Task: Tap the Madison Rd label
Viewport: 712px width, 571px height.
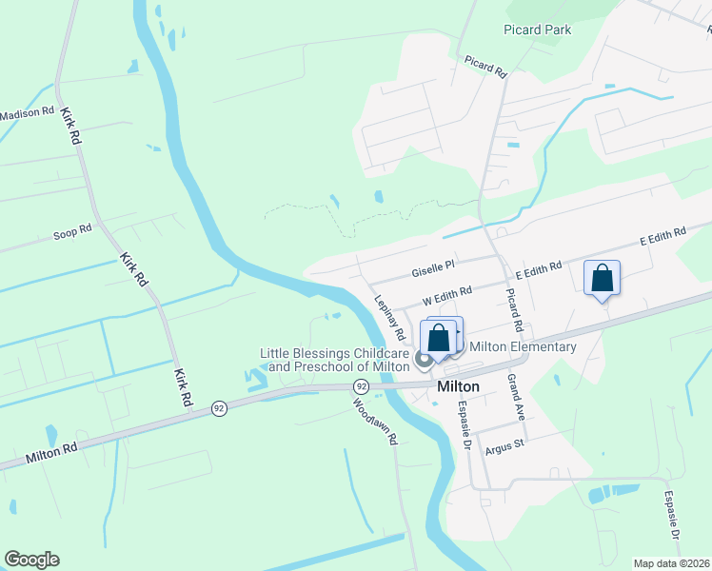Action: (x=27, y=112)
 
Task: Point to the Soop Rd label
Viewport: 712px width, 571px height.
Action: (x=72, y=230)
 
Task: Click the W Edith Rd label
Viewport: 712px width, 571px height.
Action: (x=447, y=292)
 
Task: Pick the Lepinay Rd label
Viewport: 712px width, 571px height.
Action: (x=390, y=316)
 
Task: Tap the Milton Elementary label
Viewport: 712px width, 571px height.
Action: (x=523, y=346)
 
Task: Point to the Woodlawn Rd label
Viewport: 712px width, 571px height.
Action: (x=373, y=421)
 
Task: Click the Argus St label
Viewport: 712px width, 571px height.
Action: (x=504, y=444)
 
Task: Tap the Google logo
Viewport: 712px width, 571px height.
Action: (x=31, y=560)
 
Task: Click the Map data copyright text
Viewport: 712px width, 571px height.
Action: (x=671, y=562)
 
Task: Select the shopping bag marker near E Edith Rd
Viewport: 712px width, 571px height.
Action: (x=602, y=279)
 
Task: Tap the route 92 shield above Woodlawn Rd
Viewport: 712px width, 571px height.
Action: (x=361, y=386)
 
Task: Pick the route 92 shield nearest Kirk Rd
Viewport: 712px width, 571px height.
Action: (x=220, y=407)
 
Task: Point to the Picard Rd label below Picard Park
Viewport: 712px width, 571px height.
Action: (x=485, y=66)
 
